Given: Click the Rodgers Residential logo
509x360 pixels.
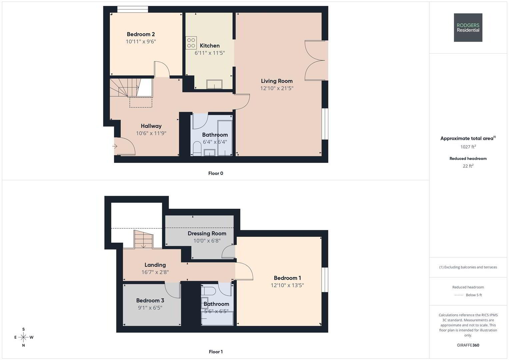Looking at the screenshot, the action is coord(468,27).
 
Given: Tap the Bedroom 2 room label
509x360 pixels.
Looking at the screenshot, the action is coord(141,34).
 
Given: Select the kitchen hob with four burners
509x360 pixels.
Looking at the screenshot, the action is coord(191,43).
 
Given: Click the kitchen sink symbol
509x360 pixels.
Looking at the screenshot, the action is coord(214,84).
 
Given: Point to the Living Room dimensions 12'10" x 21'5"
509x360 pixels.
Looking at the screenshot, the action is coord(277,88).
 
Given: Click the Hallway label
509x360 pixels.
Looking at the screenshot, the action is coord(151,126).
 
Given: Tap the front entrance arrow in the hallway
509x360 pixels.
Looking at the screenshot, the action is coord(115,146).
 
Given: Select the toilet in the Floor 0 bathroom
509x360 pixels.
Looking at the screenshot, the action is coord(197,149).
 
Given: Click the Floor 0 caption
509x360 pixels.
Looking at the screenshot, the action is coord(216,173).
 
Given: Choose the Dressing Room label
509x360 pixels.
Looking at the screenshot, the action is coord(207,233).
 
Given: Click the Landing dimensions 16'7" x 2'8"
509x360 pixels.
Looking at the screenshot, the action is coord(155,272).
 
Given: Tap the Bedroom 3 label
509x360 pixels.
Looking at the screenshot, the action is coord(150,300).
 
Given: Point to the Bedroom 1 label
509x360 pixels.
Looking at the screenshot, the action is coord(287,278).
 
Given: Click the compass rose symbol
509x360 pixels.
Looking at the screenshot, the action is coord(24,337).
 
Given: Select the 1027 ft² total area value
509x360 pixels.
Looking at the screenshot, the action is coord(468,147).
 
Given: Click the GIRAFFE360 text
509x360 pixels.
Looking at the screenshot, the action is coord(468,345).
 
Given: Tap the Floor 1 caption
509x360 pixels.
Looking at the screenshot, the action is coord(216,352).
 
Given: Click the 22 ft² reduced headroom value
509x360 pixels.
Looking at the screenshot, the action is coord(468,166).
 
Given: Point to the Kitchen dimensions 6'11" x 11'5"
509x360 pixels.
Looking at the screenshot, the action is coord(210,53).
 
